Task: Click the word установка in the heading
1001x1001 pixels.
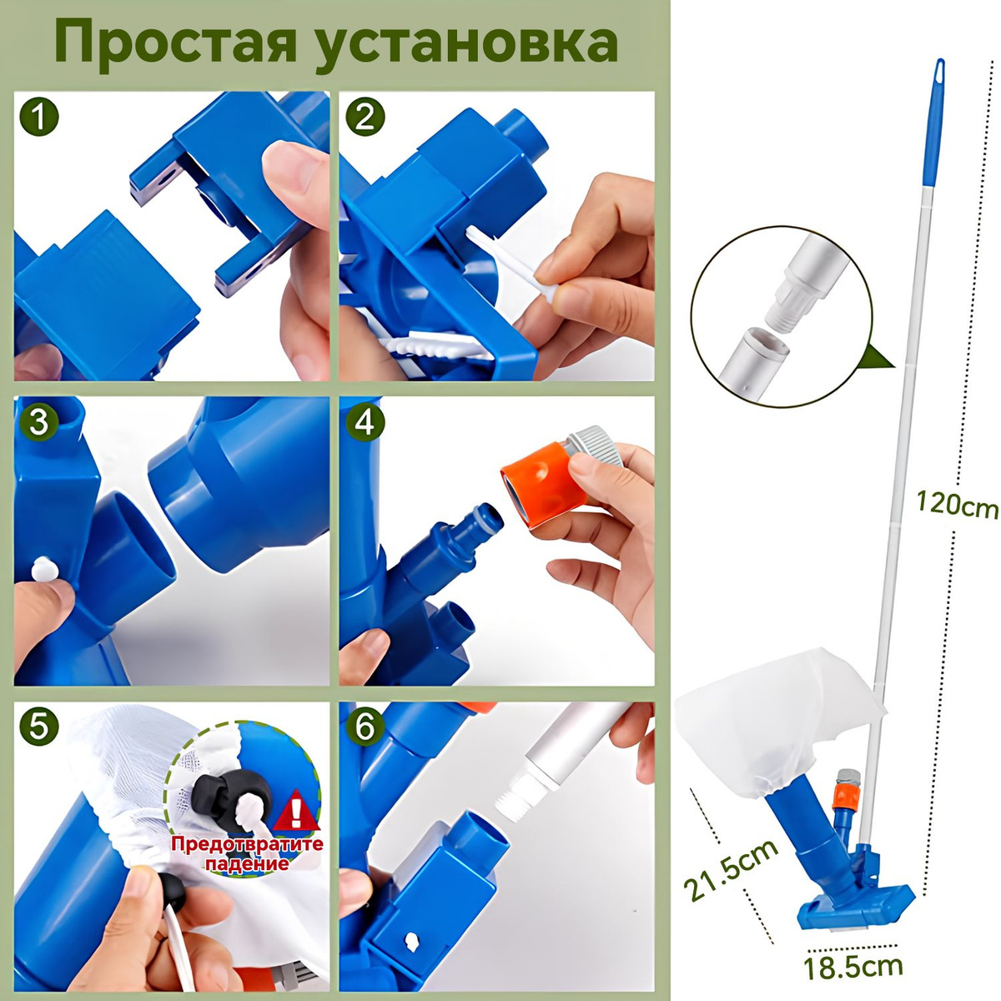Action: click(x=466, y=48)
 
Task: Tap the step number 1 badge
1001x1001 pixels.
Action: click(x=39, y=118)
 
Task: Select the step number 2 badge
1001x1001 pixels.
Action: click(x=365, y=118)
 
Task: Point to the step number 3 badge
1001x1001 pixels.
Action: click(x=39, y=423)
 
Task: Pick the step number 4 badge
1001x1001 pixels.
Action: click(x=365, y=423)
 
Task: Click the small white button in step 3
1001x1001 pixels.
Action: click(x=43, y=571)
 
